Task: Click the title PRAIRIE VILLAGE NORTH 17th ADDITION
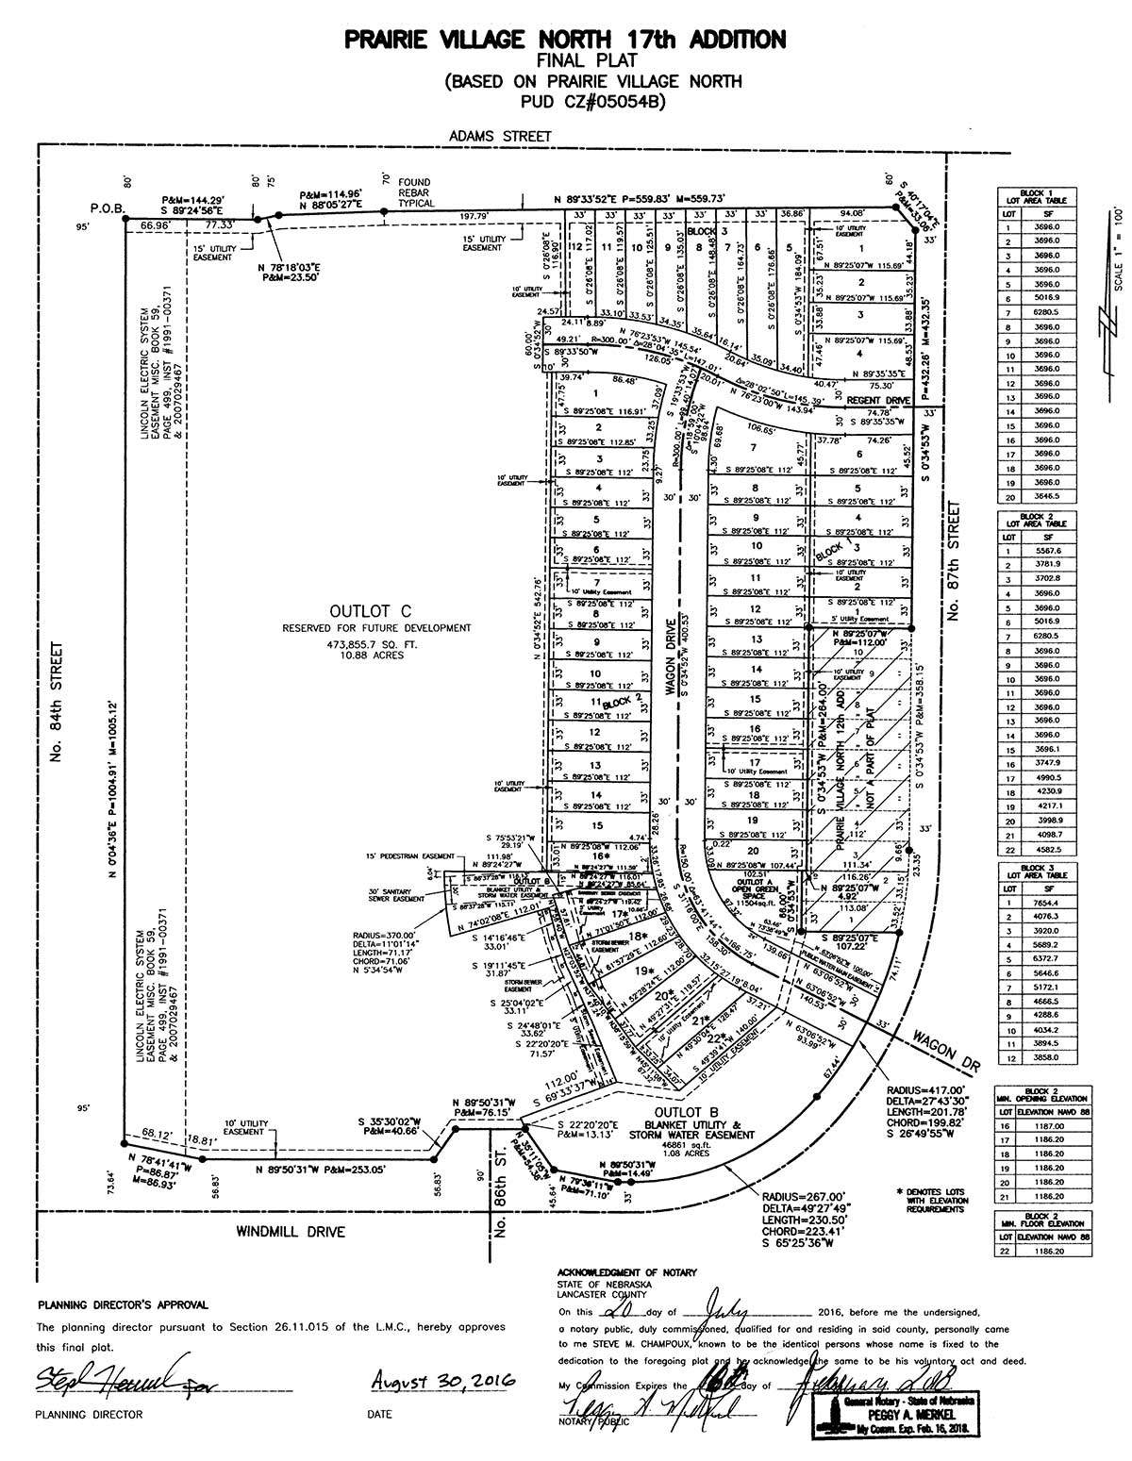(x=565, y=39)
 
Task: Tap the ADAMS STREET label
(x=500, y=136)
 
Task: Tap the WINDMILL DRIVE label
(x=290, y=1231)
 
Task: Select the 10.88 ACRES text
(x=373, y=655)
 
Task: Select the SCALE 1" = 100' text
(x=1119, y=250)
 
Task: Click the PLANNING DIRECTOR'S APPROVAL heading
(x=124, y=1305)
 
